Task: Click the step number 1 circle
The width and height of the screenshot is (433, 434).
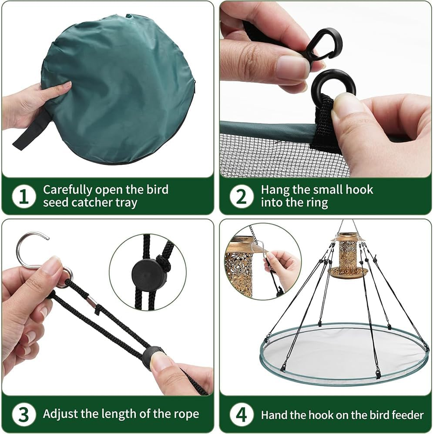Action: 24,197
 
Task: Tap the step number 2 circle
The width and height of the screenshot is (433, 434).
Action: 242,197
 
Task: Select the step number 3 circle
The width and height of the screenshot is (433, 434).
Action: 24,414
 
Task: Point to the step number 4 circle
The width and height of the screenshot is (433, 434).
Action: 242,414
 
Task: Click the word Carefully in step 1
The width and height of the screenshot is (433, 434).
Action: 67,190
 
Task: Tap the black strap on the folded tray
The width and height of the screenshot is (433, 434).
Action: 33,130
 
